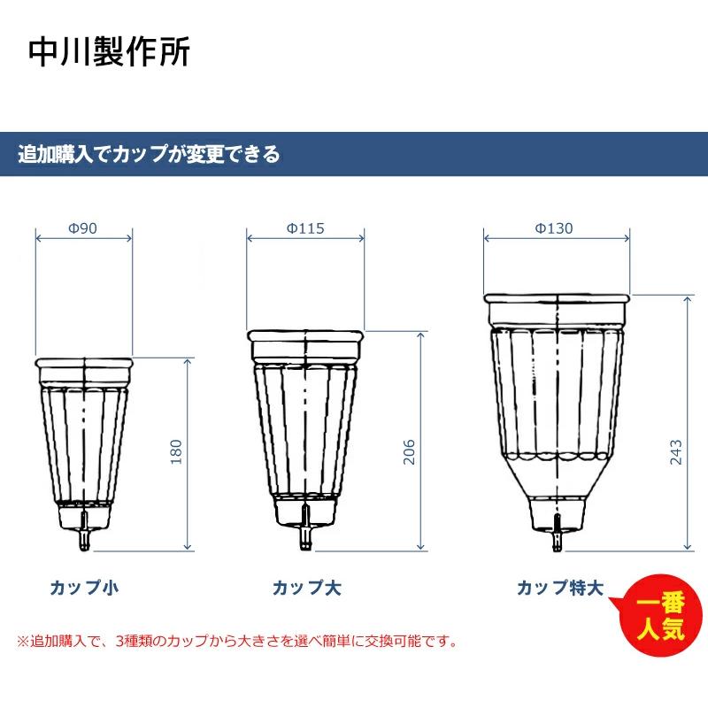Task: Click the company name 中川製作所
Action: [x=108, y=52]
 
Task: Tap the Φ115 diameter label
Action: [x=305, y=228]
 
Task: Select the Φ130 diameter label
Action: [x=555, y=228]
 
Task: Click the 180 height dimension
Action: [x=175, y=453]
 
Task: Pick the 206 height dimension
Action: [x=409, y=454]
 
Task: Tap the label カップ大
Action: [x=307, y=587]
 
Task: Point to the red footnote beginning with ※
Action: [x=237, y=641]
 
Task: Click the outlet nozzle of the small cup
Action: [x=85, y=537]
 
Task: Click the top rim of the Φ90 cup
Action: [x=85, y=363]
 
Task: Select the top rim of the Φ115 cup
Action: [x=305, y=336]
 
